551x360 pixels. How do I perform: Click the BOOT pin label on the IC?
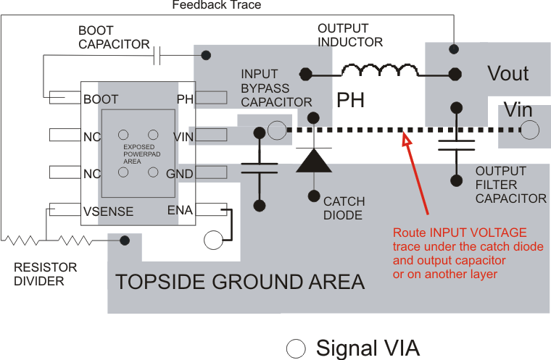point(101,99)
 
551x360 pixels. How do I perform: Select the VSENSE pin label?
point(108,212)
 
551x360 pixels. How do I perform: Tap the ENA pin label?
point(180,210)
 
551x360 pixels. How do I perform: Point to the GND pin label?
point(179,174)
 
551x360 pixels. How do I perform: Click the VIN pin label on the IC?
point(183,137)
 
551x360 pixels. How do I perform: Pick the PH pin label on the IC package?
point(184,99)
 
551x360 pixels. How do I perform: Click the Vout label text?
point(507,74)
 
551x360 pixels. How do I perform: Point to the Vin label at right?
point(518,110)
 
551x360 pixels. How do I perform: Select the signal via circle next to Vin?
point(530,130)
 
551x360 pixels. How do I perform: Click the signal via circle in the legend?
point(296,348)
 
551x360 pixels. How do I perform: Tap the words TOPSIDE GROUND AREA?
point(240,281)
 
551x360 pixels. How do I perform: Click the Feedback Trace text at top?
point(216,5)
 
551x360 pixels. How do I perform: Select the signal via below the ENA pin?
point(212,240)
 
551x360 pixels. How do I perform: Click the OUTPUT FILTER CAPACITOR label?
point(510,185)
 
